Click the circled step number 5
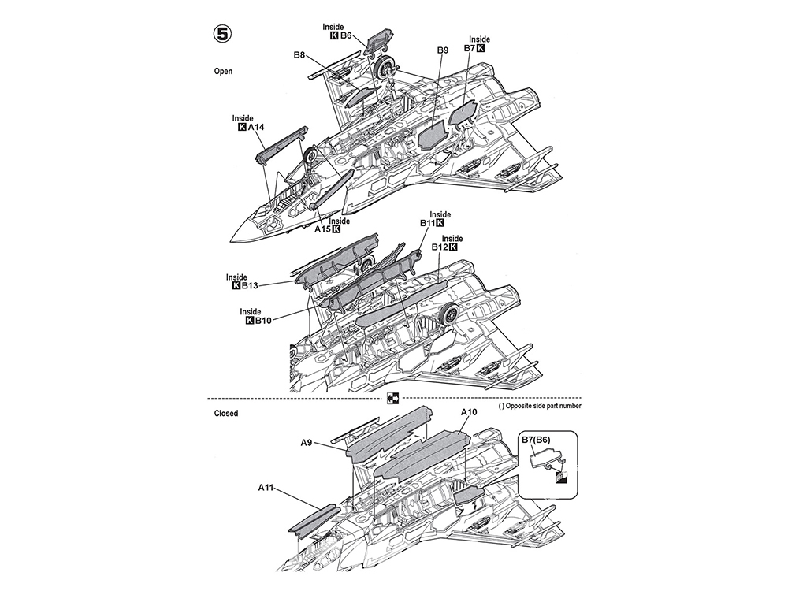click(x=222, y=34)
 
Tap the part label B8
click(x=299, y=55)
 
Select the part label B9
click(x=442, y=50)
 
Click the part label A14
click(x=256, y=127)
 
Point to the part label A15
click(x=323, y=229)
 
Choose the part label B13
click(x=250, y=286)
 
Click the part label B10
click(x=263, y=321)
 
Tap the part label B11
click(x=428, y=224)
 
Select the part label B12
click(x=440, y=247)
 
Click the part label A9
click(x=307, y=443)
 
